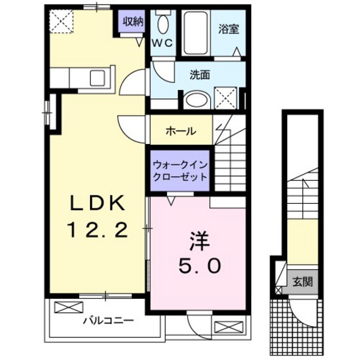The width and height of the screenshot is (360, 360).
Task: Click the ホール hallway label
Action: (181, 131)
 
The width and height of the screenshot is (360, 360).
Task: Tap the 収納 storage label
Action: (133, 22)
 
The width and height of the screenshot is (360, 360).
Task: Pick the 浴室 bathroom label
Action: (228, 29)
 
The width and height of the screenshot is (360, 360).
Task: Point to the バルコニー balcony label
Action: (107, 319)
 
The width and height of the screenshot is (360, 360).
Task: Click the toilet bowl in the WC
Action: (162, 24)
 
